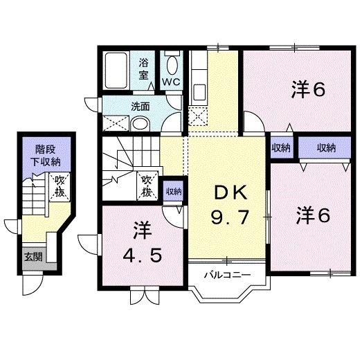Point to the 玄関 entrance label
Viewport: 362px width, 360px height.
coord(33,257)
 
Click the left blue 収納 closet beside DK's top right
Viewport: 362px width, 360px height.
coord(280,147)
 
